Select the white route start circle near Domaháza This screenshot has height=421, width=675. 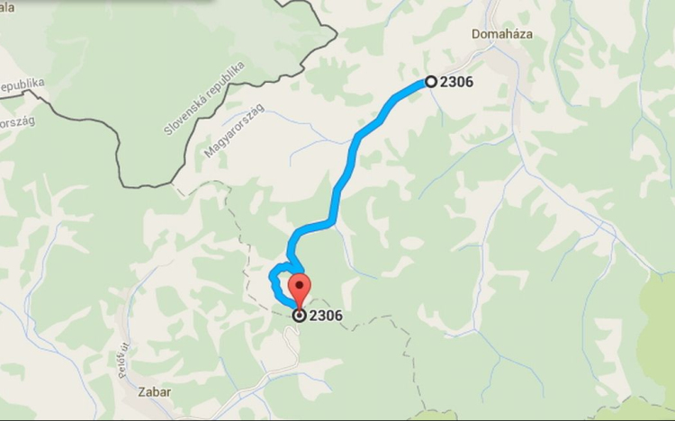(431, 82)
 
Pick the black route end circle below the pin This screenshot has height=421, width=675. (299, 316)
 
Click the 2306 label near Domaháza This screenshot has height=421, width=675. (457, 82)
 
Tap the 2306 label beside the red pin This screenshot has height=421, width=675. (325, 316)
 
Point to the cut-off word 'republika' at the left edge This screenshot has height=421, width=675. (22, 85)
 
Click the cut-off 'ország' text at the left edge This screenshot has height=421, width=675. (16, 122)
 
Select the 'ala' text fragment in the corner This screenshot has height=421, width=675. (8, 4)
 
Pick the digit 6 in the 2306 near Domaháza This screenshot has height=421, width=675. (469, 82)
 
